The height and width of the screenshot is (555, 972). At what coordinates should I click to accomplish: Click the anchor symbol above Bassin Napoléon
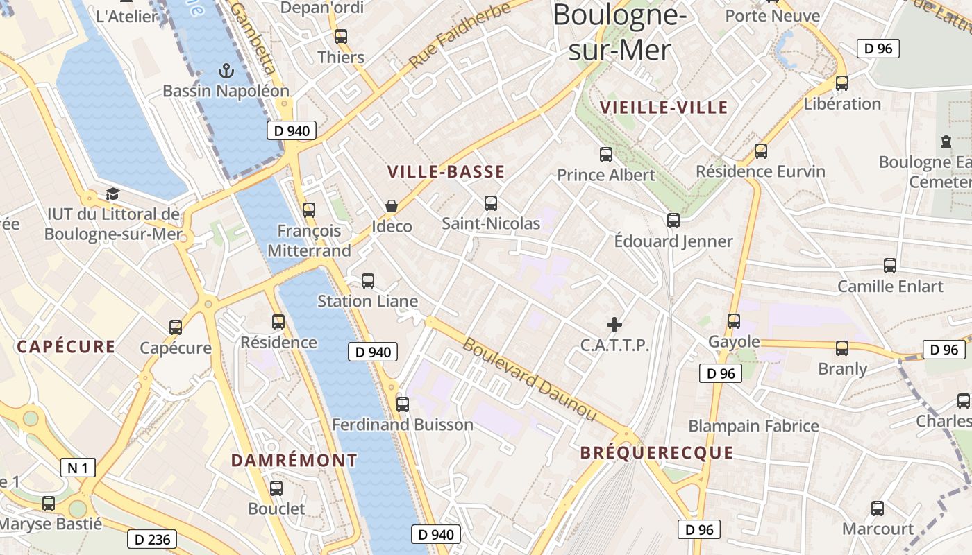tap(226, 70)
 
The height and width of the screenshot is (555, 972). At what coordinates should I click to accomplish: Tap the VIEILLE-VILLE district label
tap(664, 107)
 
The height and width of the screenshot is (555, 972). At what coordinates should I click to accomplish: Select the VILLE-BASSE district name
tap(446, 172)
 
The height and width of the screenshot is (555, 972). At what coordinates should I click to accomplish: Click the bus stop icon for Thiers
tap(341, 37)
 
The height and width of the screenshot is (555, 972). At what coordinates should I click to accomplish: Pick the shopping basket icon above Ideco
tap(392, 206)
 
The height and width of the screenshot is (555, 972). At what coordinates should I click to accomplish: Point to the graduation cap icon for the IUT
tap(112, 194)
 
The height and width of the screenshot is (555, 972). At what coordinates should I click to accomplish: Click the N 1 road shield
tap(78, 468)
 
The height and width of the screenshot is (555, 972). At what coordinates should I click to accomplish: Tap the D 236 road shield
tap(152, 539)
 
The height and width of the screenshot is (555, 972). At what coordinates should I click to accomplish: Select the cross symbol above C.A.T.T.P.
tap(614, 324)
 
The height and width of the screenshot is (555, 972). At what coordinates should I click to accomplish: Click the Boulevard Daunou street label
tap(530, 379)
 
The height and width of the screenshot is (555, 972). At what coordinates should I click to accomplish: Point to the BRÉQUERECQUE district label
tap(656, 453)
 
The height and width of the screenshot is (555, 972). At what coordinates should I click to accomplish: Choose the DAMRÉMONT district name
tap(294, 460)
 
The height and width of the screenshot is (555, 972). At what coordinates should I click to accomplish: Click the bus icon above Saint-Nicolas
tap(491, 203)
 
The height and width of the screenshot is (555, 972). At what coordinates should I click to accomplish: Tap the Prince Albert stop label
tap(606, 175)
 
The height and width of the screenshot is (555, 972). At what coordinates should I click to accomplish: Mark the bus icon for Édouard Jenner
tap(673, 221)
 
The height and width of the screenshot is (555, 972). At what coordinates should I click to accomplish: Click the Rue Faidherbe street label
tap(460, 34)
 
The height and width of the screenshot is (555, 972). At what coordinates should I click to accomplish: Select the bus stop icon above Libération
tap(842, 83)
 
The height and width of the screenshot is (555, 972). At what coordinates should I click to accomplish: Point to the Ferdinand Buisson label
tap(403, 425)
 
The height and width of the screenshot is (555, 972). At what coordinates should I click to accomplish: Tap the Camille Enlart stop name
tap(890, 286)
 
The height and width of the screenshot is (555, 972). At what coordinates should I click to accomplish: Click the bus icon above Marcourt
tap(878, 509)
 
